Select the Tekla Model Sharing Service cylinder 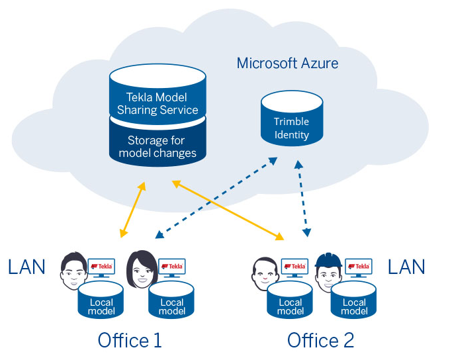pos(158,96)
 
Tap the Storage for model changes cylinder pos(158,146)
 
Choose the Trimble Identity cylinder pos(292,120)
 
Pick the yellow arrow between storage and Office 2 pos(228,210)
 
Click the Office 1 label pos(130,340)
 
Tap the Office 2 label pos(320,340)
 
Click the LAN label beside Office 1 pos(26,267)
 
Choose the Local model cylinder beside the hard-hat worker pos(354,301)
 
